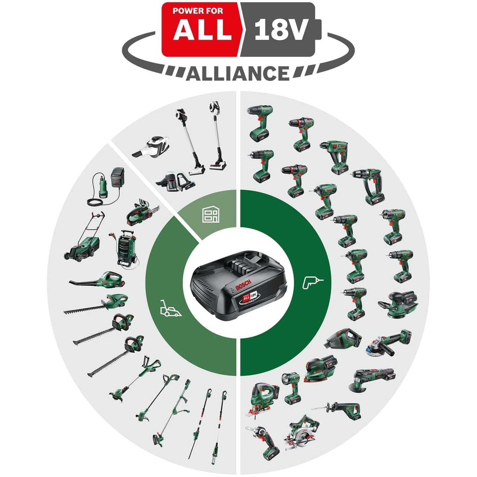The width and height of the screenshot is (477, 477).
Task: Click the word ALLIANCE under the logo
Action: [x=238, y=73]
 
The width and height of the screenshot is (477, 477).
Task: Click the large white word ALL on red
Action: [x=202, y=31]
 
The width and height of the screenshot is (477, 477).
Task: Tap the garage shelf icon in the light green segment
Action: [x=210, y=215]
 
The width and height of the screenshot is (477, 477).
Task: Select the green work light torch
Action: [x=290, y=388]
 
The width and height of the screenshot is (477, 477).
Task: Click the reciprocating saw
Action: [x=340, y=409]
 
